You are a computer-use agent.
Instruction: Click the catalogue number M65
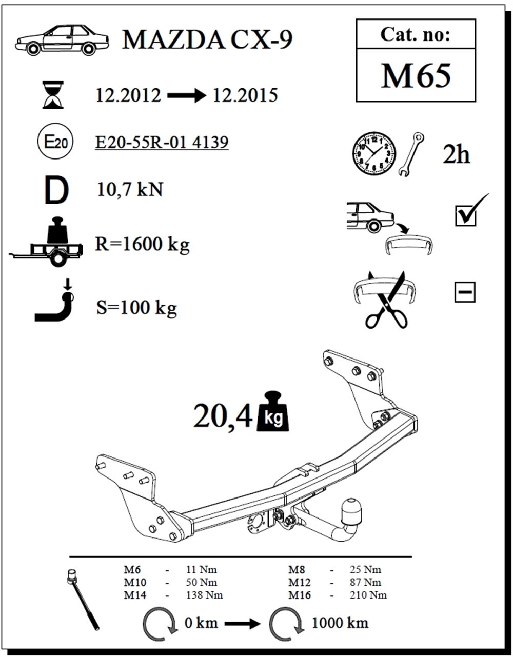(x=416, y=76)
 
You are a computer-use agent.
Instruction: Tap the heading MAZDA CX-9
(x=207, y=40)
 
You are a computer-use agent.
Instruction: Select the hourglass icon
(x=53, y=95)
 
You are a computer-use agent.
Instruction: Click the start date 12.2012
(x=128, y=95)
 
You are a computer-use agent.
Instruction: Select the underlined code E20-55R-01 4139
(x=162, y=142)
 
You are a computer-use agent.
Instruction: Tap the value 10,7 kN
(x=130, y=190)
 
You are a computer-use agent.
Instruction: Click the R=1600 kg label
(x=142, y=245)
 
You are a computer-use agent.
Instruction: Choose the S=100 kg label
(x=136, y=308)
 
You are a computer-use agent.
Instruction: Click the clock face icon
(x=374, y=154)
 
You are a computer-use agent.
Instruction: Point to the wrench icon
(x=411, y=154)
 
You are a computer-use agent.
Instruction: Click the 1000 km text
(x=340, y=623)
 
